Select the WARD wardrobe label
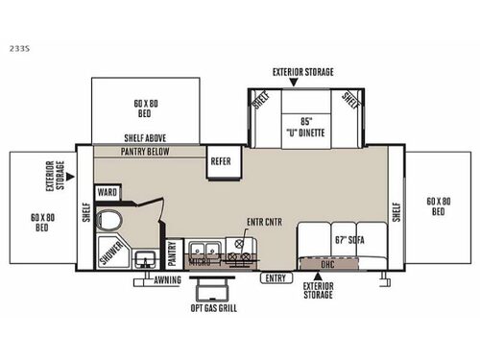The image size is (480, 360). (106, 191)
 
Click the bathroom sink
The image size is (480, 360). (144, 258)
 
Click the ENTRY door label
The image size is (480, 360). (276, 278)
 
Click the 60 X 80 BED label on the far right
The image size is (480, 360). (440, 205)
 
